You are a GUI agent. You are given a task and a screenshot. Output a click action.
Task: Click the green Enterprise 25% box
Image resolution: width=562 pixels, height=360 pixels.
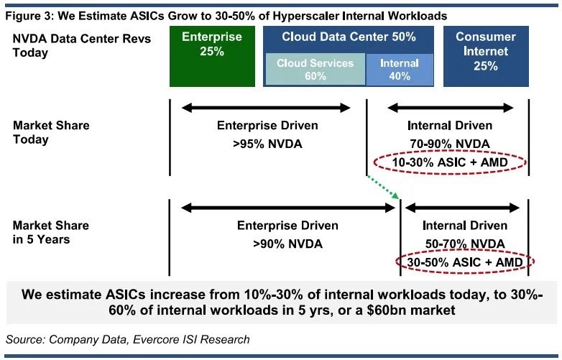(x=212, y=56)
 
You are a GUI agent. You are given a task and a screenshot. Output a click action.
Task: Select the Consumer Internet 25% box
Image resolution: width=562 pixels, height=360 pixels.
(x=486, y=56)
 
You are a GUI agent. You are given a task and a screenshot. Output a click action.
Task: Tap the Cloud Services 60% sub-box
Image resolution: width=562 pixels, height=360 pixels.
(x=315, y=70)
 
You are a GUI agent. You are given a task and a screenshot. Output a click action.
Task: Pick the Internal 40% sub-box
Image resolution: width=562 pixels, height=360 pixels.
(x=400, y=70)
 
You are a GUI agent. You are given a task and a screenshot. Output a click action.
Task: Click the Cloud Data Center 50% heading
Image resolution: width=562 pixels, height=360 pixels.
(x=349, y=37)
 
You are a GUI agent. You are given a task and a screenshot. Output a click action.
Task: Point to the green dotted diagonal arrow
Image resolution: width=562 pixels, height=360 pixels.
(x=383, y=186)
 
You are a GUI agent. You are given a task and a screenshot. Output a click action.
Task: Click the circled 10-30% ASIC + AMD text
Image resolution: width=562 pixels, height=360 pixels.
(x=450, y=162)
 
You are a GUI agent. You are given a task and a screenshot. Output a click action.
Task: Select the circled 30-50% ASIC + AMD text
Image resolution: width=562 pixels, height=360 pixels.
(x=465, y=262)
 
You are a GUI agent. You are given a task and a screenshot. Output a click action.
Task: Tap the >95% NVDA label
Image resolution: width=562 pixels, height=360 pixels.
(x=267, y=144)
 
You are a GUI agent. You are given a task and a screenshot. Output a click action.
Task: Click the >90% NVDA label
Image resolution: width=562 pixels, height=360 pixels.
(x=287, y=244)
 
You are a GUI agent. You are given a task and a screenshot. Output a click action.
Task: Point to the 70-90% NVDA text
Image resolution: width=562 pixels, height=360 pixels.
(x=450, y=144)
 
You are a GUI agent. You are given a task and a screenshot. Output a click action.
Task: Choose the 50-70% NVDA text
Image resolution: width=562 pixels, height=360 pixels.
(x=465, y=244)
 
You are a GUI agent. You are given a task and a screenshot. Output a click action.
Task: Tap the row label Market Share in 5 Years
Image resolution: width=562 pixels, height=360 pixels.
(x=51, y=232)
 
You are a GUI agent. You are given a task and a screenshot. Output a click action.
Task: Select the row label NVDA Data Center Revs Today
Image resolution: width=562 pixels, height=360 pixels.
(x=82, y=45)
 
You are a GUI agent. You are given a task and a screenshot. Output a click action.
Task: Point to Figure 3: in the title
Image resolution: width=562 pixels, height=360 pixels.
(x=29, y=16)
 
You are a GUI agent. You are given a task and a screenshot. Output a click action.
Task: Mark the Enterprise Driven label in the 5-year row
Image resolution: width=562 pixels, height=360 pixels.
(x=287, y=226)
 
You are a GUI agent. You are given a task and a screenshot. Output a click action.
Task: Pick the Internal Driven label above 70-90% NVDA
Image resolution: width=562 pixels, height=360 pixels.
(x=450, y=125)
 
